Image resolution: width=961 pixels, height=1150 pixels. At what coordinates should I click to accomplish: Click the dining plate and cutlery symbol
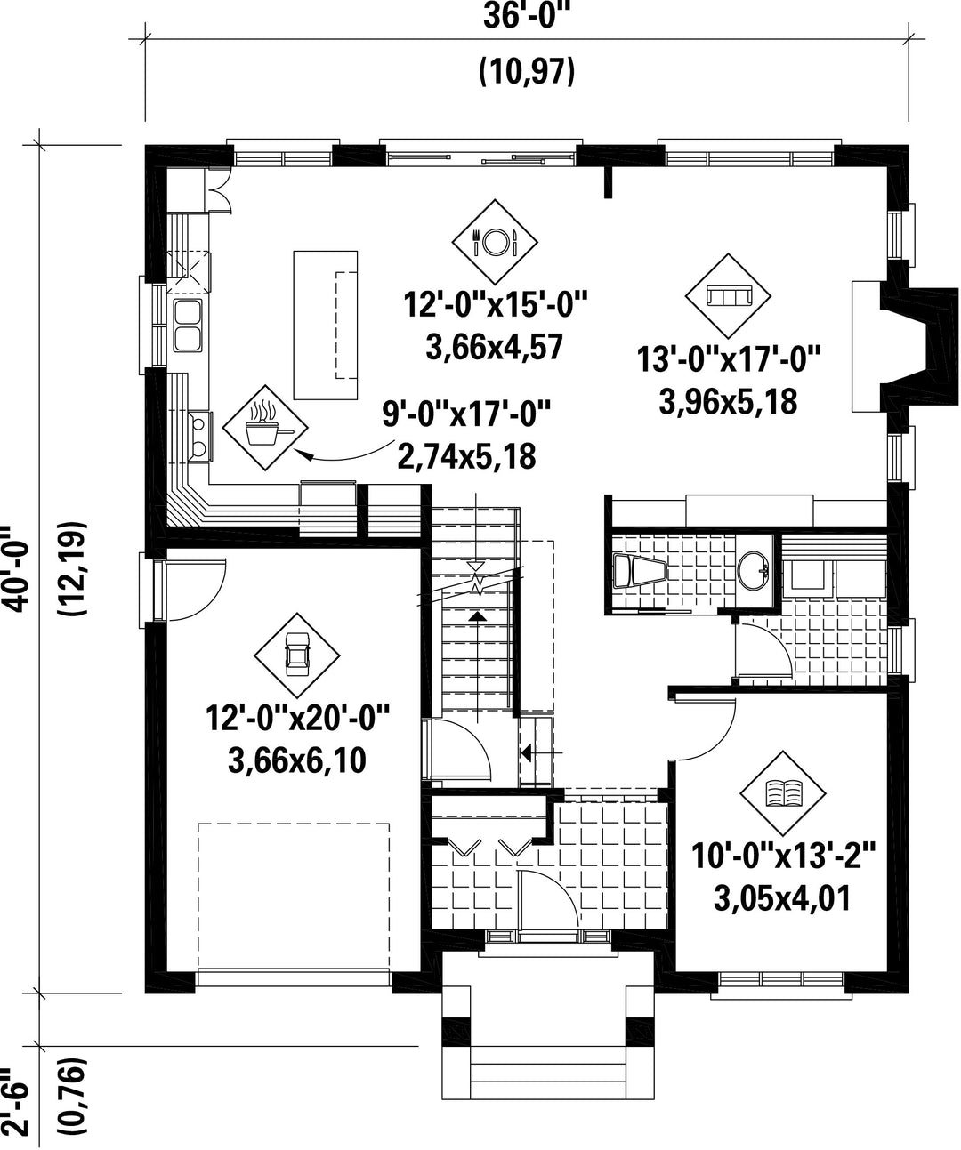494,242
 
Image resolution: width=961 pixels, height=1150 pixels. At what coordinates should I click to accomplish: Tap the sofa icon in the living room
728,296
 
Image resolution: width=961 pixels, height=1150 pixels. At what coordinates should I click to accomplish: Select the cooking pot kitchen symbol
265,428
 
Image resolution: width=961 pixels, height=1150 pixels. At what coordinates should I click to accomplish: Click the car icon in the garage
296,655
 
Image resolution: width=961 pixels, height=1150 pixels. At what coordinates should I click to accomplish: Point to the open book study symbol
782,793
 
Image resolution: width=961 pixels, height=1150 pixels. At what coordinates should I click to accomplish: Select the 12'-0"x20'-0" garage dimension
297,718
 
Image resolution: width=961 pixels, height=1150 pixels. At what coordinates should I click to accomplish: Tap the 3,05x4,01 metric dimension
782,898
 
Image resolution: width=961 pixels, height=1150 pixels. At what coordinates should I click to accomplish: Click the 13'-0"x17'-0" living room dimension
729,359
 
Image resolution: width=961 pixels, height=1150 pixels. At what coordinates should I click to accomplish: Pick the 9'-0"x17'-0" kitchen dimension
466,414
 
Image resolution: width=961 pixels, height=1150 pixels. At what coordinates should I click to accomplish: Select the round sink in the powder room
754,571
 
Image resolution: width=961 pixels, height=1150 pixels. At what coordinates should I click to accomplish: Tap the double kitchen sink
189,326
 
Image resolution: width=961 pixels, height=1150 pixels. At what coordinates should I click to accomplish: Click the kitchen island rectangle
325,325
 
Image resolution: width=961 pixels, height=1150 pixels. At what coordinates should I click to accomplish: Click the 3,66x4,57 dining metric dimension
494,348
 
